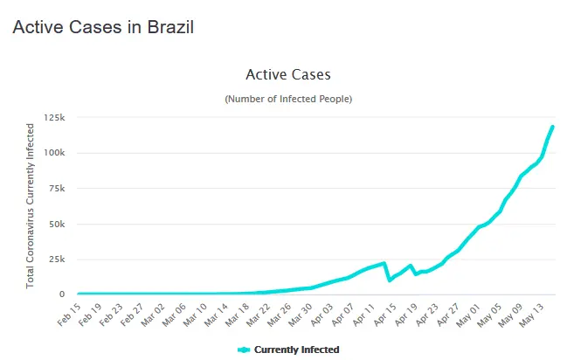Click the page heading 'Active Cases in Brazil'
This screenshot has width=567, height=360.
(102, 27)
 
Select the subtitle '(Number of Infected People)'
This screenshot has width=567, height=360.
(288, 100)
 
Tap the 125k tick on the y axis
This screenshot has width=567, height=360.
(55, 117)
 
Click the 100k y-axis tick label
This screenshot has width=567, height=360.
(55, 153)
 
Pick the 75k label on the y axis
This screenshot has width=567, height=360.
(58, 188)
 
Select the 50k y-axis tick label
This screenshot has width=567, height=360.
(58, 224)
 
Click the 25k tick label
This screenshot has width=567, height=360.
(58, 260)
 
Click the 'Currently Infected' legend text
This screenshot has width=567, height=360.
(296, 350)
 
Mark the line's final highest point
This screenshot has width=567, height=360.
(553, 127)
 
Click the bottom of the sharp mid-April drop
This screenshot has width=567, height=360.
(390, 280)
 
